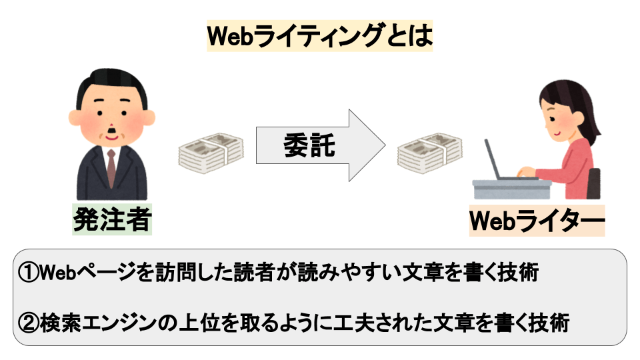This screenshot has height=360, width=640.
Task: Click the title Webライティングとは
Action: click(x=319, y=35)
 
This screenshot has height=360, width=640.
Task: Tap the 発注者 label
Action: click(x=112, y=219)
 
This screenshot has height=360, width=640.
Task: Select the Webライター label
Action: click(x=537, y=221)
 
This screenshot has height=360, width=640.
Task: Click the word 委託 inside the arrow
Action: click(x=309, y=145)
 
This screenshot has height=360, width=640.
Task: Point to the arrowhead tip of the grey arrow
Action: click(x=385, y=145)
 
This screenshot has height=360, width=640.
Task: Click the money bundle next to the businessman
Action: click(x=211, y=153)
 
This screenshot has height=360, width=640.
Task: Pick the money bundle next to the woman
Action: click(x=430, y=153)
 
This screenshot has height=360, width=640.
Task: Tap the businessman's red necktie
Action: click(x=111, y=167)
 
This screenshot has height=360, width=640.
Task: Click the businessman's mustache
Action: click(x=111, y=131)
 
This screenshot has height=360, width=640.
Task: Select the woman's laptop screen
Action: click(x=492, y=159)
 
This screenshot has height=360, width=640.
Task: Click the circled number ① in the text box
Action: click(x=28, y=272)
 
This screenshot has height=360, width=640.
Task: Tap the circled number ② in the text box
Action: click(x=28, y=323)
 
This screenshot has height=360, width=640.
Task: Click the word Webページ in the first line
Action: click(x=87, y=272)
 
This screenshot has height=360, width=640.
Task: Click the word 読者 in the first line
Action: click(x=254, y=272)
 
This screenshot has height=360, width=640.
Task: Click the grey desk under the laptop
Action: click(x=512, y=189)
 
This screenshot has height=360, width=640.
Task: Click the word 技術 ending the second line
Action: click(x=549, y=323)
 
